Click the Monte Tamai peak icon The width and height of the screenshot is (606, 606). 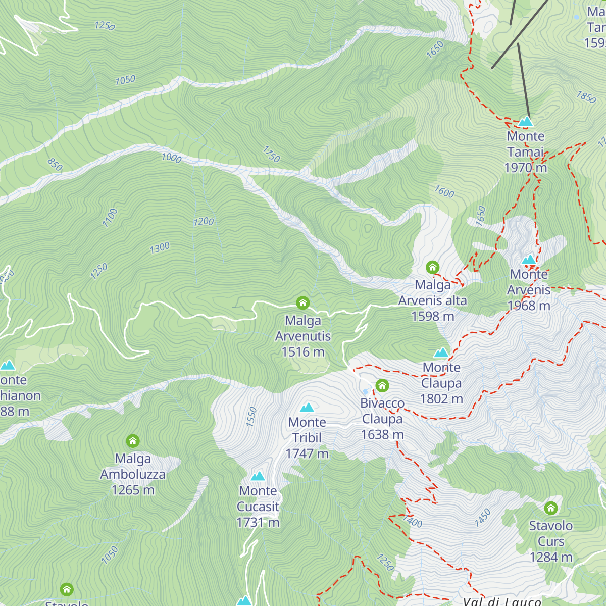[526, 122]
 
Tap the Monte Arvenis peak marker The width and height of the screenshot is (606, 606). [529, 260]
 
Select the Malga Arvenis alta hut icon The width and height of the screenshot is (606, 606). [432, 267]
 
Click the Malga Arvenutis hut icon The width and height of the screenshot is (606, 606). [302, 303]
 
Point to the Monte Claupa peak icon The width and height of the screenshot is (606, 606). [441, 352]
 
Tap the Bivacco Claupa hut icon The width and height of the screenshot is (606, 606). [382, 386]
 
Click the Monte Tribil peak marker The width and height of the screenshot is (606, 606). [307, 408]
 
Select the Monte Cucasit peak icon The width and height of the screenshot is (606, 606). [258, 476]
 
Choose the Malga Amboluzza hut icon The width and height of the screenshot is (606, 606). [133, 441]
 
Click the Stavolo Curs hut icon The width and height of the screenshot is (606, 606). [550, 508]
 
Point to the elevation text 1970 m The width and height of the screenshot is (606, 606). [526, 168]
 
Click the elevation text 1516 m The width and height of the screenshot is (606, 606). [303, 352]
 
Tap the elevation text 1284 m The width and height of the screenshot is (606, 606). [551, 557]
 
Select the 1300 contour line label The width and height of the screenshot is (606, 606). [160, 248]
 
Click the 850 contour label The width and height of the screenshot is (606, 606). [55, 164]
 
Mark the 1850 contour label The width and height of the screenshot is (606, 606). [586, 97]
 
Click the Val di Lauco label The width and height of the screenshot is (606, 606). [502, 601]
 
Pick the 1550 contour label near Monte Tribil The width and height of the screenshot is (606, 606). [251, 417]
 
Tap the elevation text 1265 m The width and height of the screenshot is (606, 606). [133, 490]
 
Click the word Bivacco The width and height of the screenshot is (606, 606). [382, 403]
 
